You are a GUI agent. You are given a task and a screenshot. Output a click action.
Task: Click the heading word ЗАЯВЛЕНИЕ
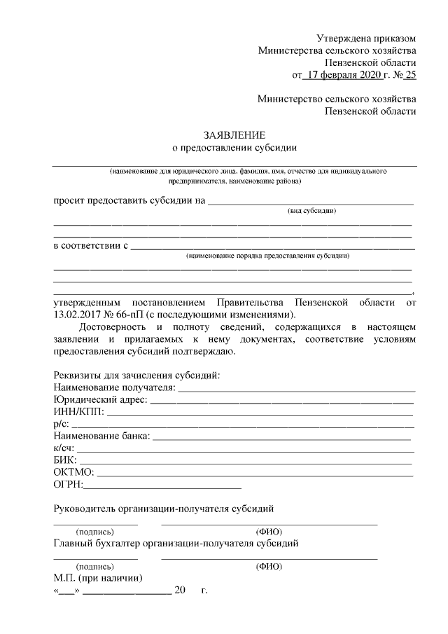[234, 134]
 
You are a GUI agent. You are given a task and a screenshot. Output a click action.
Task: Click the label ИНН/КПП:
[78, 412]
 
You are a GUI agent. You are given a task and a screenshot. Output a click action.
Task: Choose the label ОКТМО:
[73, 471]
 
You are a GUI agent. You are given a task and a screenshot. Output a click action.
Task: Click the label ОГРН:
[68, 483]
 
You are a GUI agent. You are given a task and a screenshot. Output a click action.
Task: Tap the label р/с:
[62, 424]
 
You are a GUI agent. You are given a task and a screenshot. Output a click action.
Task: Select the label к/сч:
[64, 448]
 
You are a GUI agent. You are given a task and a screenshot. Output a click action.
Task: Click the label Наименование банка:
[101, 436]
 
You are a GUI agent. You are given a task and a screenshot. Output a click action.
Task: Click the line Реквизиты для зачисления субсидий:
[136, 375]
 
